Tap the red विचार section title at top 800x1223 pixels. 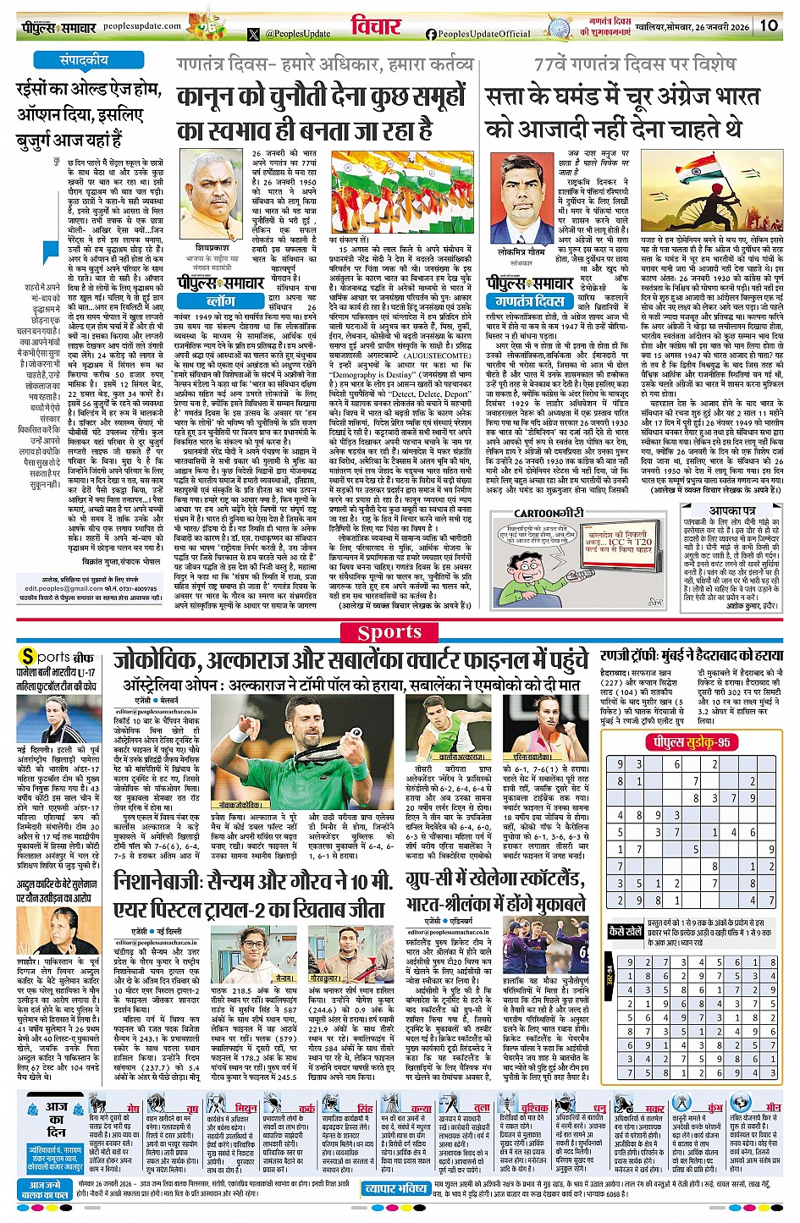pos(376,25)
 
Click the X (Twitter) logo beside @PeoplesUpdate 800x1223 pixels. pos(254,35)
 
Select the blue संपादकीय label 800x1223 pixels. pos(84,61)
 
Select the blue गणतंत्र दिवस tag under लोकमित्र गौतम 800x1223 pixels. pos(529,300)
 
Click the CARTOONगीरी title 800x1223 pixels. pos(549,513)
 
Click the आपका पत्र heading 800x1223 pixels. pos(732,510)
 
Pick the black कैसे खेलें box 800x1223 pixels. pos(626,931)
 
